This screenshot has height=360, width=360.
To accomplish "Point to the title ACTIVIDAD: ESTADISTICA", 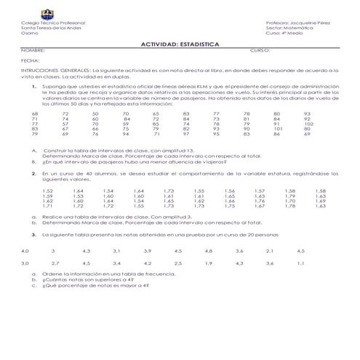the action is tap(180, 44).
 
